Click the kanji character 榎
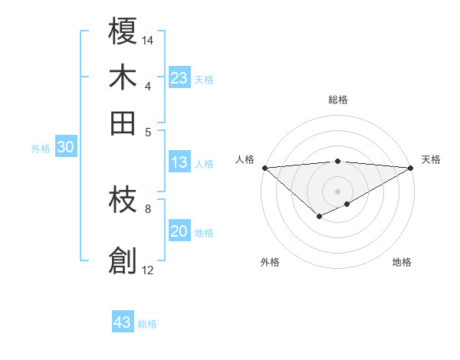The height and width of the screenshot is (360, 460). [x=123, y=32]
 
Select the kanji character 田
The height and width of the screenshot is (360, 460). [x=123, y=122]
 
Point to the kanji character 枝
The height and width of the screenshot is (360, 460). [x=123, y=201]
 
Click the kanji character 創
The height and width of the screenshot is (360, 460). [x=123, y=261]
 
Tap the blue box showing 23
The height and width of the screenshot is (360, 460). [x=179, y=78]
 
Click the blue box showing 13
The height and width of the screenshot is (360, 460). [x=179, y=162]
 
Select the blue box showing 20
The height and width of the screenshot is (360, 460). [x=179, y=231]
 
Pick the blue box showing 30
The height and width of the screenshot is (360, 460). [x=65, y=148]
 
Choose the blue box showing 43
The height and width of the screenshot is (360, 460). [x=123, y=322]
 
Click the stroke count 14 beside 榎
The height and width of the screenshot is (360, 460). [x=149, y=40]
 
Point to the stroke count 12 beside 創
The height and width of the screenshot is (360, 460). [x=148, y=270]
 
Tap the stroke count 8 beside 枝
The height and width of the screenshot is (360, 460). [x=148, y=208]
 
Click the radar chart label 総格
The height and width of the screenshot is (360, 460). [x=338, y=100]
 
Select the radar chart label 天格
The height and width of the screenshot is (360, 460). [x=431, y=159]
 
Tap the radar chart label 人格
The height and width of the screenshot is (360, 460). [x=245, y=159]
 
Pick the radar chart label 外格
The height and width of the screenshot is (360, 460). [x=270, y=262]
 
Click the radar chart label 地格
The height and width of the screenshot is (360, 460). [x=402, y=262]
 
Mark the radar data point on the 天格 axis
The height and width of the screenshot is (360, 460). [x=411, y=167]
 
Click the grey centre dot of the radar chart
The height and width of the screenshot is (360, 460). [x=338, y=191]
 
